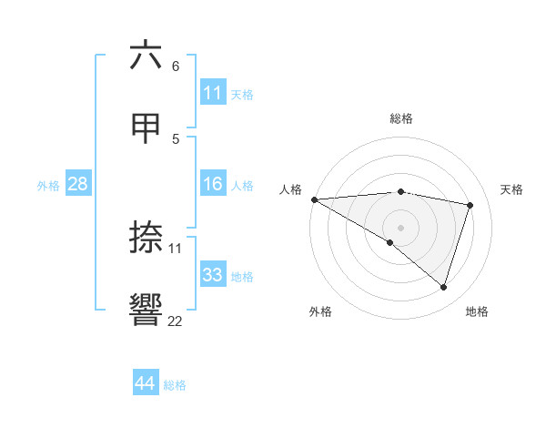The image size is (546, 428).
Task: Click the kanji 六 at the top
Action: (146, 56)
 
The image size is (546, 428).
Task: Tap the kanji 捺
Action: (146, 238)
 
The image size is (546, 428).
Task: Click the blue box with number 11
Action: (213, 93)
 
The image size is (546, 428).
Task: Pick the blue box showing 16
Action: (213, 184)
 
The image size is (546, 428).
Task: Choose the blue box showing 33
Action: (213, 275)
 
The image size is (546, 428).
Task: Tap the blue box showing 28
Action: (78, 184)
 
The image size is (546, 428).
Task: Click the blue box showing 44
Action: (145, 384)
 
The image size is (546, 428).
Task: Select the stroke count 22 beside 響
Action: (175, 321)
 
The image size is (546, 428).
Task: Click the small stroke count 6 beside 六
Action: (176, 66)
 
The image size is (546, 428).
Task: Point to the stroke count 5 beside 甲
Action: (176, 138)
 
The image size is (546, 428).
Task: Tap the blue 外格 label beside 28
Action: (48, 185)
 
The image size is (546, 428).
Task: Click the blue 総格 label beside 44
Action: (175, 385)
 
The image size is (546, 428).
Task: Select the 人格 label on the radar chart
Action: (291, 189)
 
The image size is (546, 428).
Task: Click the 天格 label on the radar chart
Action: (511, 189)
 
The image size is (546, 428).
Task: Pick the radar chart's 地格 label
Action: (477, 311)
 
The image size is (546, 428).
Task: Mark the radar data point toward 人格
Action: (314, 199)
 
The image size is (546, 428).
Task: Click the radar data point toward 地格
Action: (443, 288)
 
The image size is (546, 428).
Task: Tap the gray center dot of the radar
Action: (400, 227)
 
